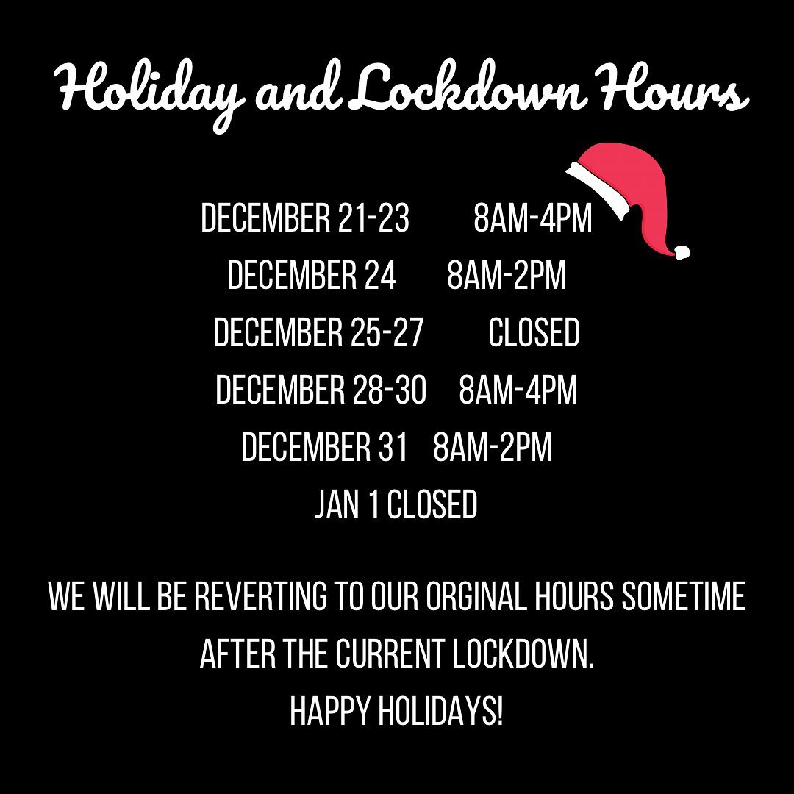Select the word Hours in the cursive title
click(673, 86)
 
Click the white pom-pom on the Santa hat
click(682, 252)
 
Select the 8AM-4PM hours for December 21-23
click(533, 218)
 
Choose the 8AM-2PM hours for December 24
click(507, 275)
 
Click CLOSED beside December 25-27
click(534, 333)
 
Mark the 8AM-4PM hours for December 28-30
click(518, 390)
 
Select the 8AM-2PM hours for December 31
click(492, 447)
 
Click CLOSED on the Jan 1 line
click(432, 505)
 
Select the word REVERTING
click(261, 596)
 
